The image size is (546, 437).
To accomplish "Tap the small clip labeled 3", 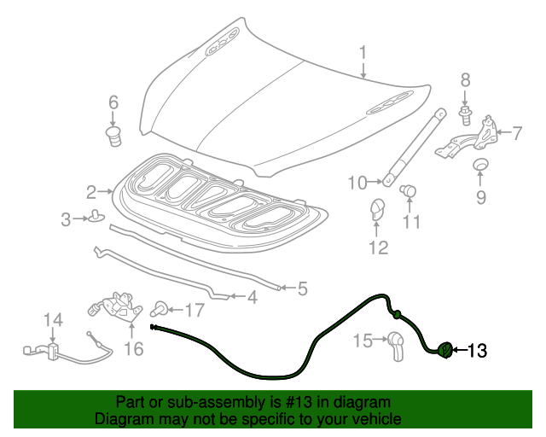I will pyautogui.click(x=96, y=219).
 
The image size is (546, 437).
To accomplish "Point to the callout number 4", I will pyautogui.click(x=252, y=298).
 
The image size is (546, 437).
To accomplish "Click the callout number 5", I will pyautogui.click(x=301, y=288).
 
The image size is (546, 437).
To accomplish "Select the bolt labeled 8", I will pyautogui.click(x=465, y=111).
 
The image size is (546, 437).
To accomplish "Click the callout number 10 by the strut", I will pyautogui.click(x=357, y=182).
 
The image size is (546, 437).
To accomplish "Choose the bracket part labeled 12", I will pyautogui.click(x=377, y=210).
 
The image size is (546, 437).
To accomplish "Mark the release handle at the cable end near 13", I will pyautogui.click(x=445, y=349).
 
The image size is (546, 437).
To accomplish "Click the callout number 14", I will pyautogui.click(x=54, y=320).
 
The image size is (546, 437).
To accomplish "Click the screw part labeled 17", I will pyautogui.click(x=159, y=307).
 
